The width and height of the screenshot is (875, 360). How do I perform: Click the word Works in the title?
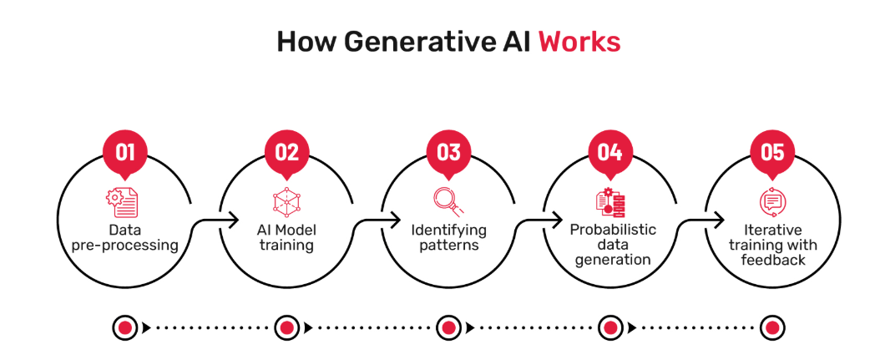pos(579,42)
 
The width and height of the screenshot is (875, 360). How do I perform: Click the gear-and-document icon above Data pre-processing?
pos(122,203)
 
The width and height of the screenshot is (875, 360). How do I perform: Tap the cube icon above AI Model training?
pos(287,202)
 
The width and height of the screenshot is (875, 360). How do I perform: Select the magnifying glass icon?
pos(448,201)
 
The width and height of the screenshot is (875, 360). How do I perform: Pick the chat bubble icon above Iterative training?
pos(771,202)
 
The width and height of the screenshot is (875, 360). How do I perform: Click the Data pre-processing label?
pos(125,238)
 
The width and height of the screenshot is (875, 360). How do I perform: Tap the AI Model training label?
pos(287,238)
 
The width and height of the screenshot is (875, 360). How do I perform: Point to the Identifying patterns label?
pos(448,238)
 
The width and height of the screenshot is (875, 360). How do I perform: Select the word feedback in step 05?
pos(773,260)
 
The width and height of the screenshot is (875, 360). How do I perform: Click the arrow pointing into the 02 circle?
pos(214,223)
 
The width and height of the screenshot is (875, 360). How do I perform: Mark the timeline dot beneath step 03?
pos(448,327)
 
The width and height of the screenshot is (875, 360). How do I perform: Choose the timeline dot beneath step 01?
pos(125,327)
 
